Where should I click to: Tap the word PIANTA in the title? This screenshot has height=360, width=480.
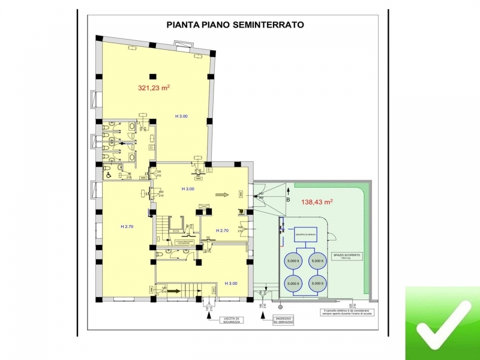(x=182, y=25)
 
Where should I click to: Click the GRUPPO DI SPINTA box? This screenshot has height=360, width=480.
(x=305, y=235)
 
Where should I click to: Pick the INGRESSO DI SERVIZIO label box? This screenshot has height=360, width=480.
(x=283, y=320)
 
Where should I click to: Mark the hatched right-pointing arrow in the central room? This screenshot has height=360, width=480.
(x=223, y=194)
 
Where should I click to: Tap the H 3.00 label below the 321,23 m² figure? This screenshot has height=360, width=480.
(x=181, y=116)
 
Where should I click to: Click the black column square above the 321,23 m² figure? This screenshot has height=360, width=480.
(x=152, y=76)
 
